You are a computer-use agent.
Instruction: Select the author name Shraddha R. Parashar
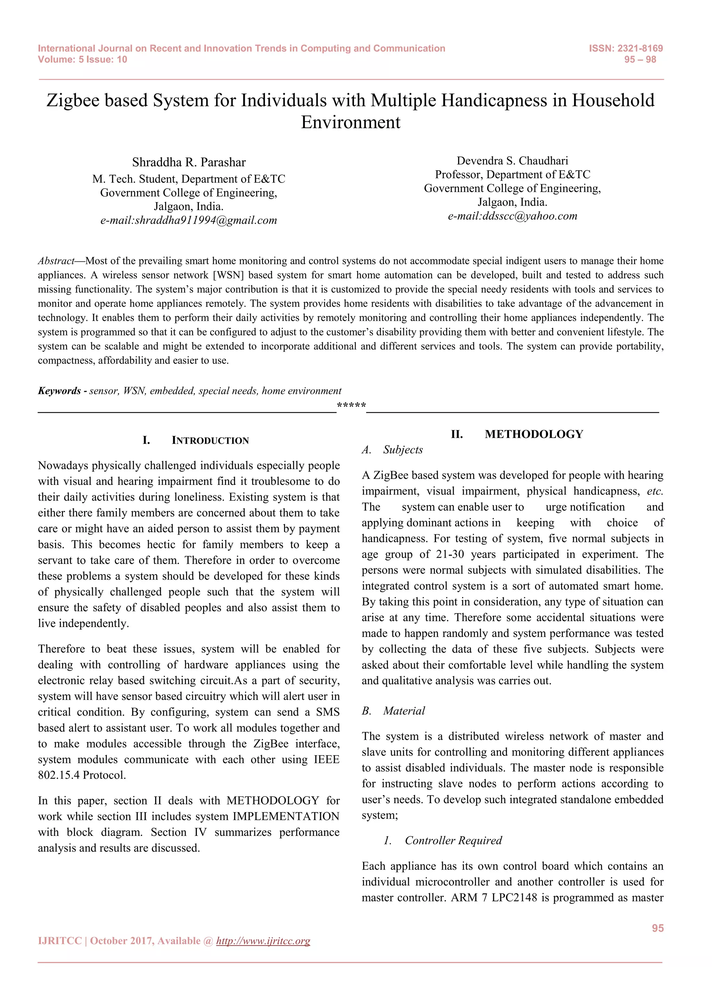[189, 162]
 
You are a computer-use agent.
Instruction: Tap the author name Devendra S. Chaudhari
[512, 160]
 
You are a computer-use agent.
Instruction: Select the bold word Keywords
[59, 391]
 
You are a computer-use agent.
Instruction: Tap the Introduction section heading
[210, 440]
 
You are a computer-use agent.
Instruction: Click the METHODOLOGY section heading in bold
[534, 434]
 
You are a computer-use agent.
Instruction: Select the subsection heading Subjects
[403, 450]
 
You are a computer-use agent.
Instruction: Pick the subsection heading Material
[404, 711]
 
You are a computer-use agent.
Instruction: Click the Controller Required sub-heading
[453, 840]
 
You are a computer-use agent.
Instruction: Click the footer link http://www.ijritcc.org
[263, 941]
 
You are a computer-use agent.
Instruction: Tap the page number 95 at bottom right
[657, 928]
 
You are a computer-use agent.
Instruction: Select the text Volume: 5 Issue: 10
[82, 60]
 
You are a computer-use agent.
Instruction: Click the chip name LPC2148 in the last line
[514, 897]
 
